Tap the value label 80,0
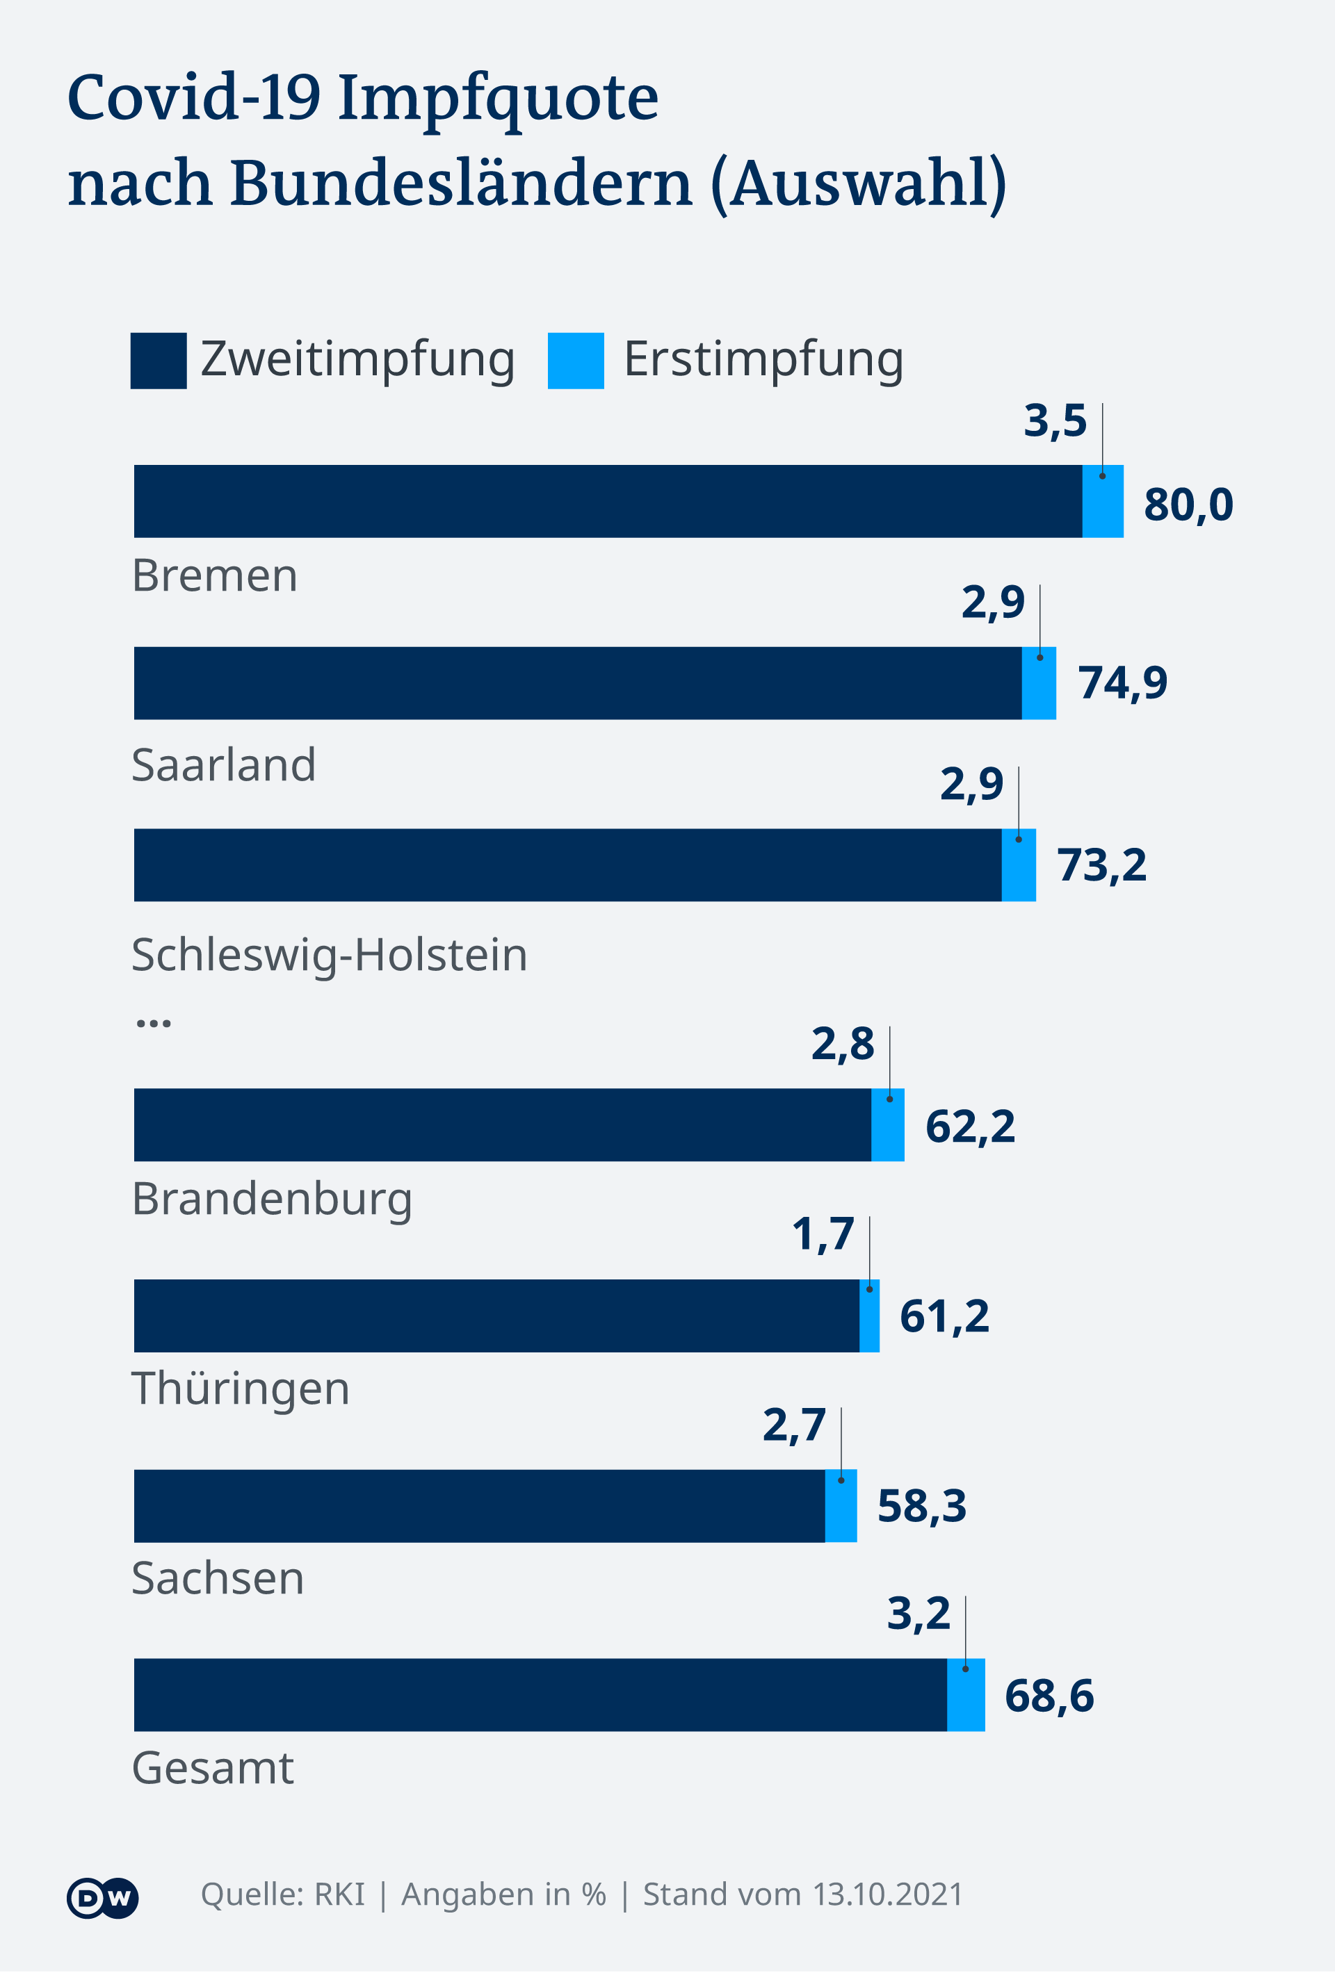[1188, 505]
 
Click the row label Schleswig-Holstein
[330, 954]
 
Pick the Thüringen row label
[241, 1389]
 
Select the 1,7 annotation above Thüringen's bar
[822, 1234]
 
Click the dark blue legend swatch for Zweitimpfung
[158, 361]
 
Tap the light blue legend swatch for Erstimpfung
[576, 361]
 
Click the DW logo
[102, 1897]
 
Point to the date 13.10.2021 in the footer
[887, 1895]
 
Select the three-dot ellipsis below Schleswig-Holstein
[154, 1023]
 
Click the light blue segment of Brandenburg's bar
[887, 1125]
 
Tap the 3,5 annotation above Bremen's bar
[1055, 421]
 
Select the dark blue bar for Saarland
[578, 683]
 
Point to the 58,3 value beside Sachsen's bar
[921, 1506]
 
